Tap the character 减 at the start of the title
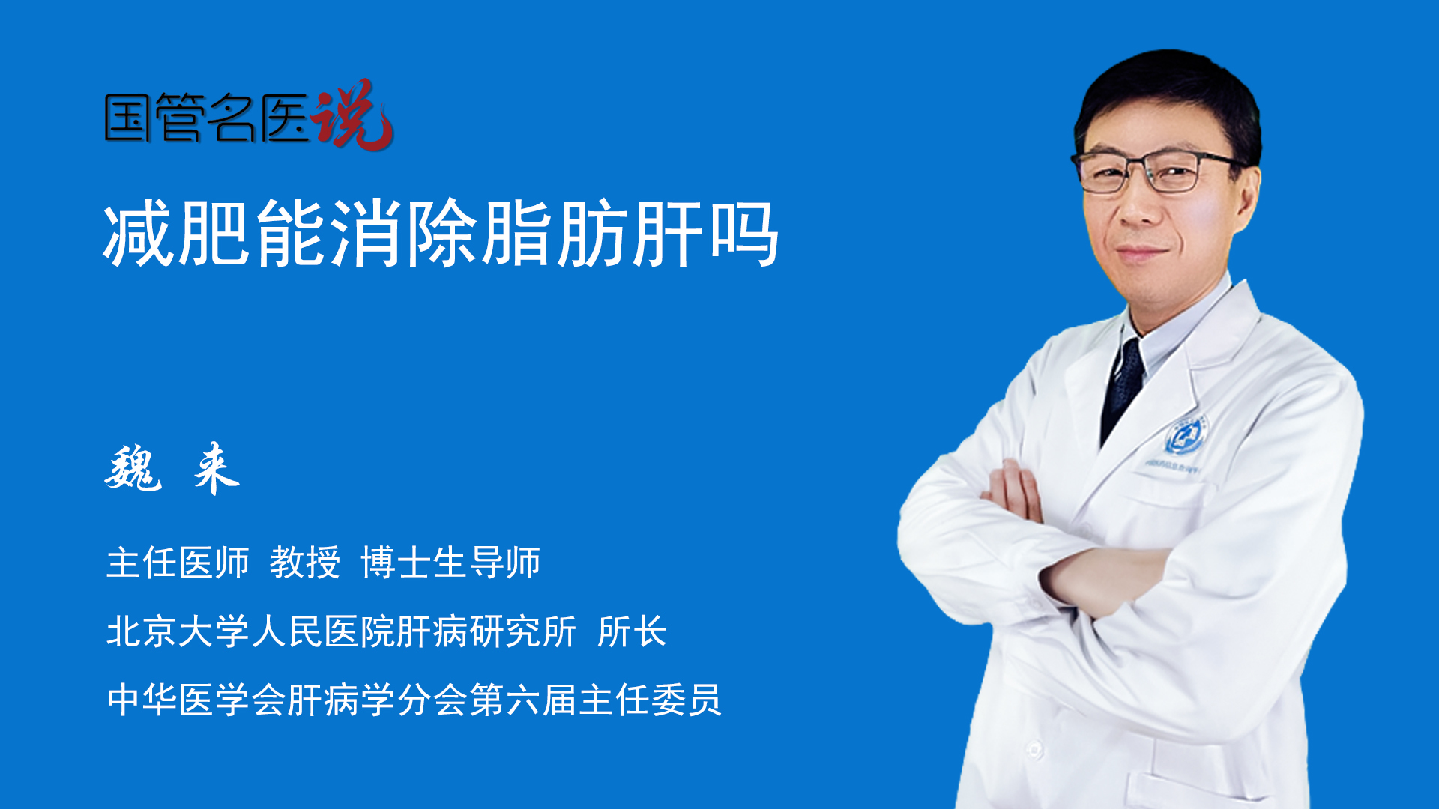point(139,234)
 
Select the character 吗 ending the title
point(744,234)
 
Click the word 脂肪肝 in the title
point(592,234)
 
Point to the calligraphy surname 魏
point(133,469)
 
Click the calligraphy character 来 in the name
point(216,469)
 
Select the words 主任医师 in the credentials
point(178,563)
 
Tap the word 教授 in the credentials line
point(305,563)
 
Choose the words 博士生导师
point(450,563)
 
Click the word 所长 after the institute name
point(632,631)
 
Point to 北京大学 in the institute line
point(178,631)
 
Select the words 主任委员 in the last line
point(650,700)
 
